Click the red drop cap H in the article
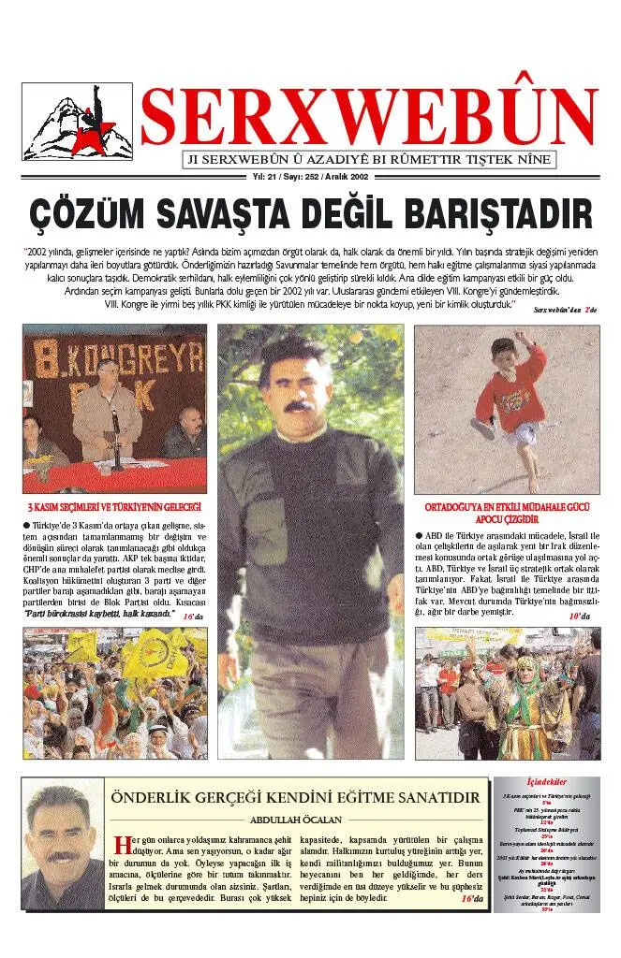tap(118, 841)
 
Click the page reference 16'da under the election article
tap(192, 617)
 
